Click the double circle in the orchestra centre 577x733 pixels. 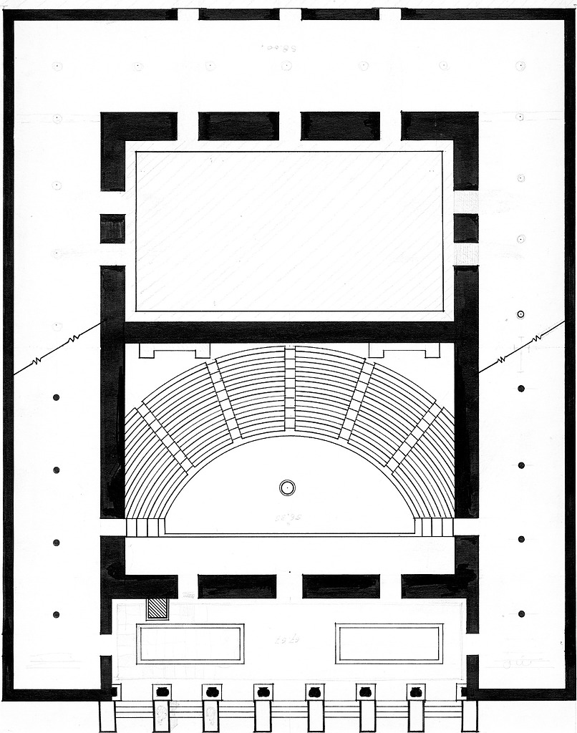(x=287, y=487)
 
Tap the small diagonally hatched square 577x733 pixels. (x=156, y=608)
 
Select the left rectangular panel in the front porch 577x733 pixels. (x=190, y=644)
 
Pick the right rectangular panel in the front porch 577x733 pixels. (x=389, y=644)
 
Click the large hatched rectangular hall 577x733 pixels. (x=289, y=231)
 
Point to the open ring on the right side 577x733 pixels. (x=521, y=314)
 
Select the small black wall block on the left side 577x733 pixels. (x=112, y=228)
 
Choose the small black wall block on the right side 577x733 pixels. (x=466, y=228)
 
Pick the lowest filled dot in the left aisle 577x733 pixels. (x=56, y=614)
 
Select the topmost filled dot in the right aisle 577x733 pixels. (x=521, y=388)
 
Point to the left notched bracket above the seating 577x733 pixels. (x=175, y=351)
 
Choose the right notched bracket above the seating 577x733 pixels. (x=404, y=351)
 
